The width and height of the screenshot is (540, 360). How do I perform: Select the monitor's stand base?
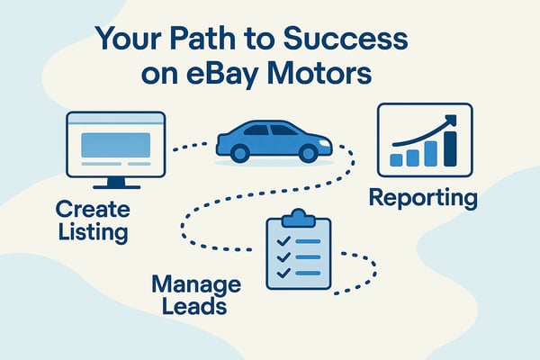(115, 186)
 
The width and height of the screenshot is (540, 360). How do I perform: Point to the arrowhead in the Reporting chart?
(450, 120)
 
